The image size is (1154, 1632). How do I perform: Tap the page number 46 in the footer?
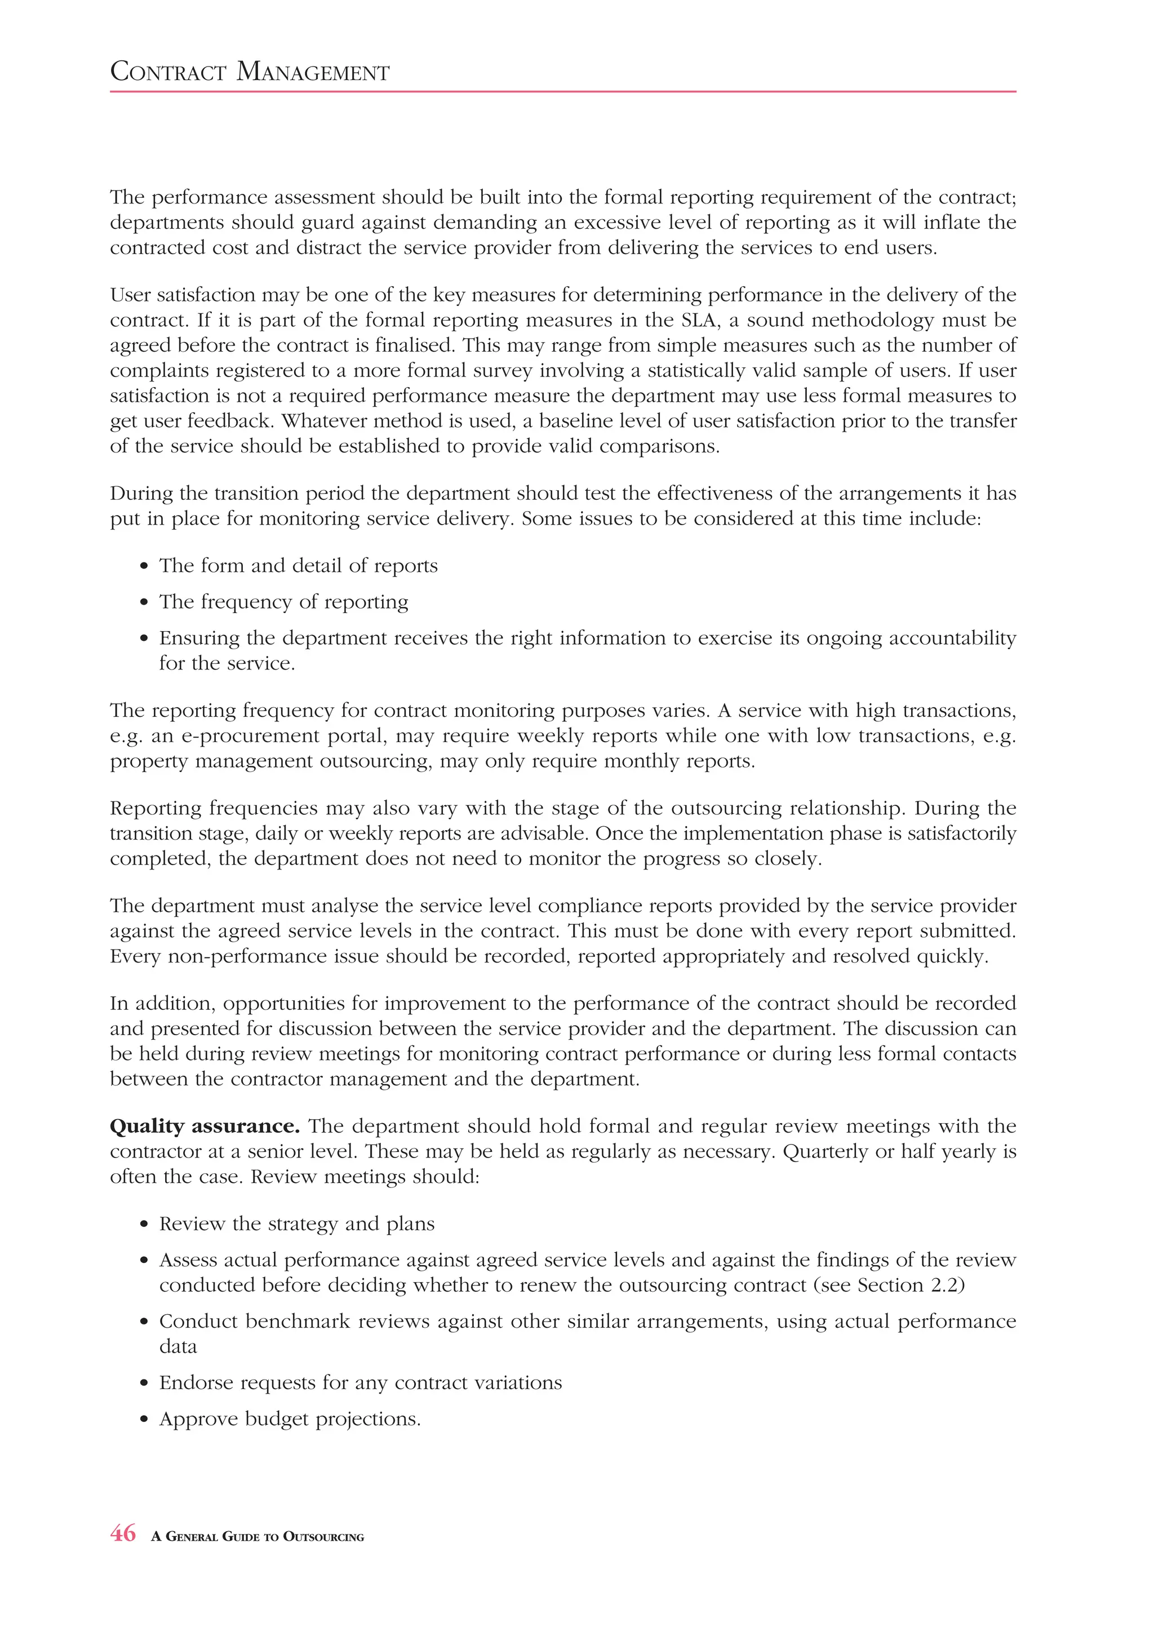pos(123,1534)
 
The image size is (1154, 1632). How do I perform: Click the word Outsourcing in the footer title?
pos(323,1537)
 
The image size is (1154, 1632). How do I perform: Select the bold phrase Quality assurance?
pos(205,1127)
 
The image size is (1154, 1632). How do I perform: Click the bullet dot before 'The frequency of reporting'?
pos(145,603)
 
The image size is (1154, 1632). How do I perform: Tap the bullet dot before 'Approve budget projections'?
pos(145,1420)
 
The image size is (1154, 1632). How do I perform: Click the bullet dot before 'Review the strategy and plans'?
pos(145,1225)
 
